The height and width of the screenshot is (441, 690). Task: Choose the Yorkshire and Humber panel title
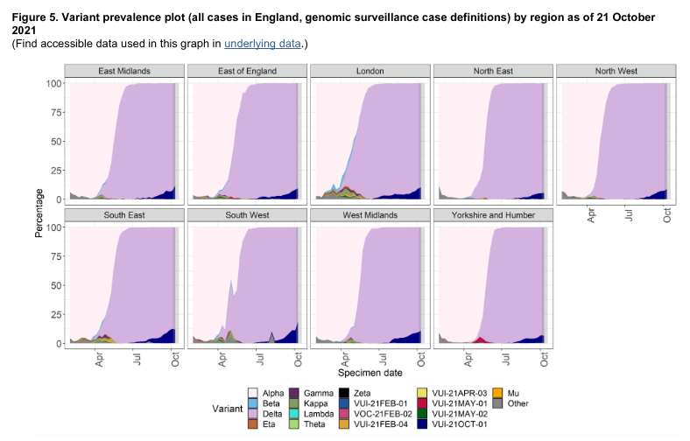pos(490,215)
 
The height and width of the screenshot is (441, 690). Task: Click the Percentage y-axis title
pos(38,212)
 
